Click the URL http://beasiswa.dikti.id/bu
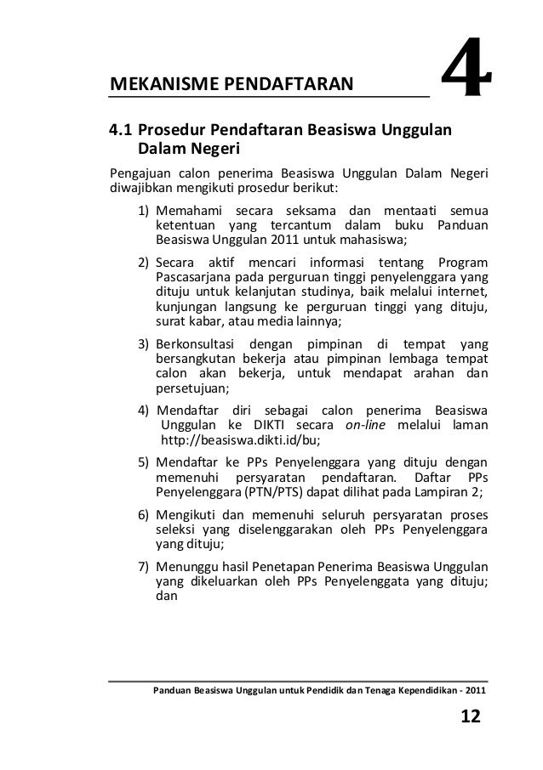click(x=240, y=440)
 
